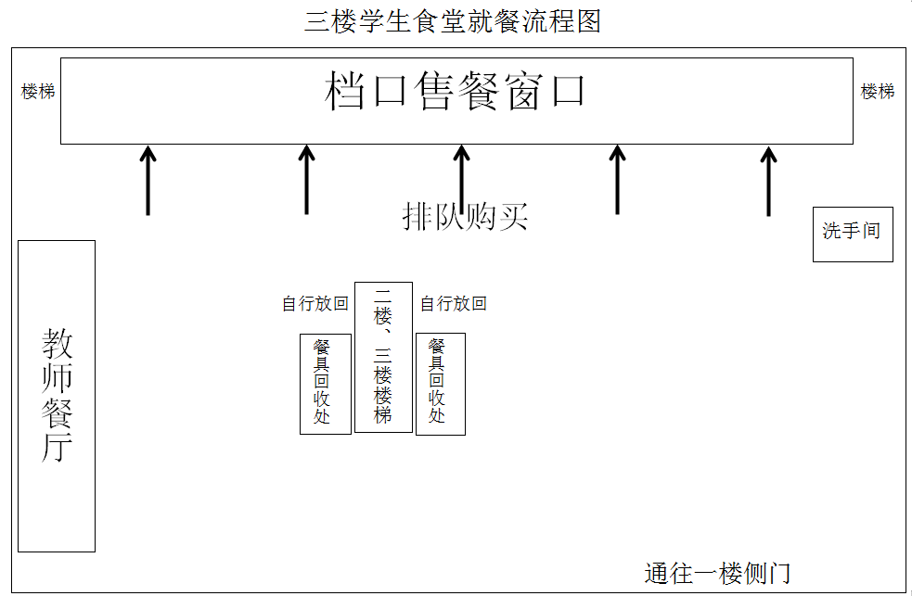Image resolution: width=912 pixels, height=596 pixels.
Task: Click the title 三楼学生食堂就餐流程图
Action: tap(453, 20)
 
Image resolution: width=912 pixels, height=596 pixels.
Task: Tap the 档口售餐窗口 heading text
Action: tap(456, 92)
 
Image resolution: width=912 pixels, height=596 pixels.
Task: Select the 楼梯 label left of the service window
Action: tap(38, 92)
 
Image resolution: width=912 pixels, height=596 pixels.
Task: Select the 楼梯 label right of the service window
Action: tap(877, 92)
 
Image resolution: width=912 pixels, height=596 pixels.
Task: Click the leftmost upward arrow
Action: tap(148, 180)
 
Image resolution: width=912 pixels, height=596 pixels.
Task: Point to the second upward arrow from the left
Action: tap(307, 180)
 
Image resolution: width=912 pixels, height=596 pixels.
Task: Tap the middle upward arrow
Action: tap(462, 180)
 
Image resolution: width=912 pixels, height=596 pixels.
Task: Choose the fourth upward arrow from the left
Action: tap(617, 180)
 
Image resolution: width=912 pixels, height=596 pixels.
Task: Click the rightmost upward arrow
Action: tap(768, 180)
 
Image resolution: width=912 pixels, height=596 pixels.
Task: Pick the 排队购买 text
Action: tap(465, 217)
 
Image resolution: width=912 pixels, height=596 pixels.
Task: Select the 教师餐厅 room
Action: tap(57, 396)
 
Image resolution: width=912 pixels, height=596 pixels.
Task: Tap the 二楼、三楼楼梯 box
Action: tap(383, 357)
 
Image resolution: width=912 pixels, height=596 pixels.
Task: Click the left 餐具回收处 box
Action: tap(325, 383)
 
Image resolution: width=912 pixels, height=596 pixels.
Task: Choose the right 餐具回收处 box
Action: tap(440, 383)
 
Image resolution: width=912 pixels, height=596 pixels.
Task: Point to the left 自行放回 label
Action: tap(315, 304)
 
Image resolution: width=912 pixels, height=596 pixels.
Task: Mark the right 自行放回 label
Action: tap(453, 304)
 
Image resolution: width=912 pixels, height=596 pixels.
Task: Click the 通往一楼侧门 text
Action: tap(717, 573)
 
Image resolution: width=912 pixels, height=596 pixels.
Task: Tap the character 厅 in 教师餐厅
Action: tap(57, 448)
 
